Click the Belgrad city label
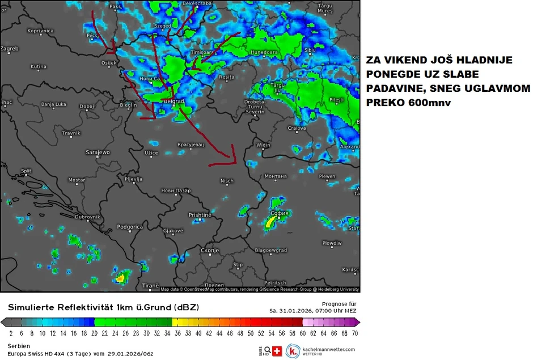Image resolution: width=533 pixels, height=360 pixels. (174, 101)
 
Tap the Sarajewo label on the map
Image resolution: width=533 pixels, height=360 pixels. (97, 153)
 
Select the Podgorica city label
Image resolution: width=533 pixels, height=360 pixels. (130, 227)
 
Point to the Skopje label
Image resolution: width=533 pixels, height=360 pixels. (210, 250)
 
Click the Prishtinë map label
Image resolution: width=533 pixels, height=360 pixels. (200, 215)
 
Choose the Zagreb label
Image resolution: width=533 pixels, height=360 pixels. (10, 49)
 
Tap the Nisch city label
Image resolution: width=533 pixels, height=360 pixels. (226, 181)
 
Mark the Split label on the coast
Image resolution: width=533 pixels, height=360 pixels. (26, 171)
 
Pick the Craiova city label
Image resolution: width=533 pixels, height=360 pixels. (297, 128)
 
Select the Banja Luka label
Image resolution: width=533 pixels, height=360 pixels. (54, 104)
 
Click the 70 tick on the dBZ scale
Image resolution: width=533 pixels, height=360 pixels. (354, 334)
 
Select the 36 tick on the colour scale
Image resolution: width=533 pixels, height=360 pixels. (177, 334)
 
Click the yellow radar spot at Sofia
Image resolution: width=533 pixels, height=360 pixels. (270, 223)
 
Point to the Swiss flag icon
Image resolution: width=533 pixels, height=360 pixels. (277, 351)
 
